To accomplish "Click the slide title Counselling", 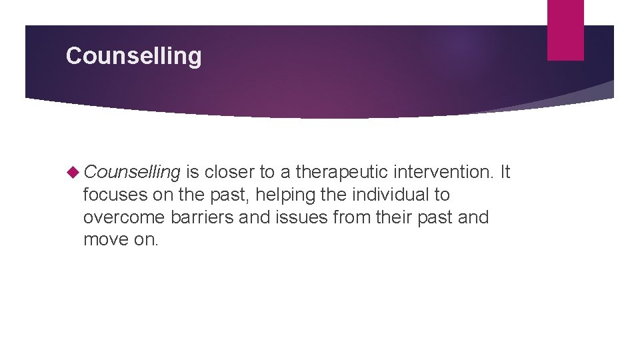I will coord(133,56).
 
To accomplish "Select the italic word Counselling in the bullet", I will coord(132,173).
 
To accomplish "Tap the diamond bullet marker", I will coord(74,173).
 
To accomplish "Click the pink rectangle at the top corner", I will coord(565,30).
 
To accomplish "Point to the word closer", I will coord(230,173).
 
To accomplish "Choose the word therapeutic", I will coord(342,173).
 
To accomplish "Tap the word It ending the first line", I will coord(505,173).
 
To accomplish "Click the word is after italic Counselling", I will coord(192,173).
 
